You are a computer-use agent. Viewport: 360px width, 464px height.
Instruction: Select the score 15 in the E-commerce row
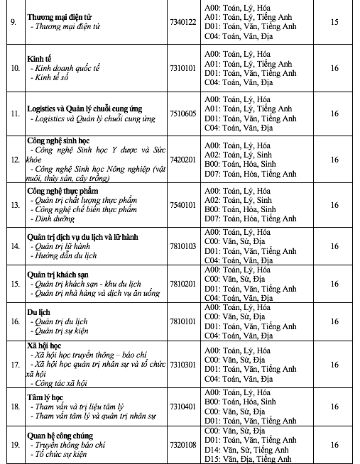(x=334, y=21)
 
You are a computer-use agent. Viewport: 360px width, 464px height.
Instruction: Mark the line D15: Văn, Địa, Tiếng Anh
(x=249, y=459)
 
